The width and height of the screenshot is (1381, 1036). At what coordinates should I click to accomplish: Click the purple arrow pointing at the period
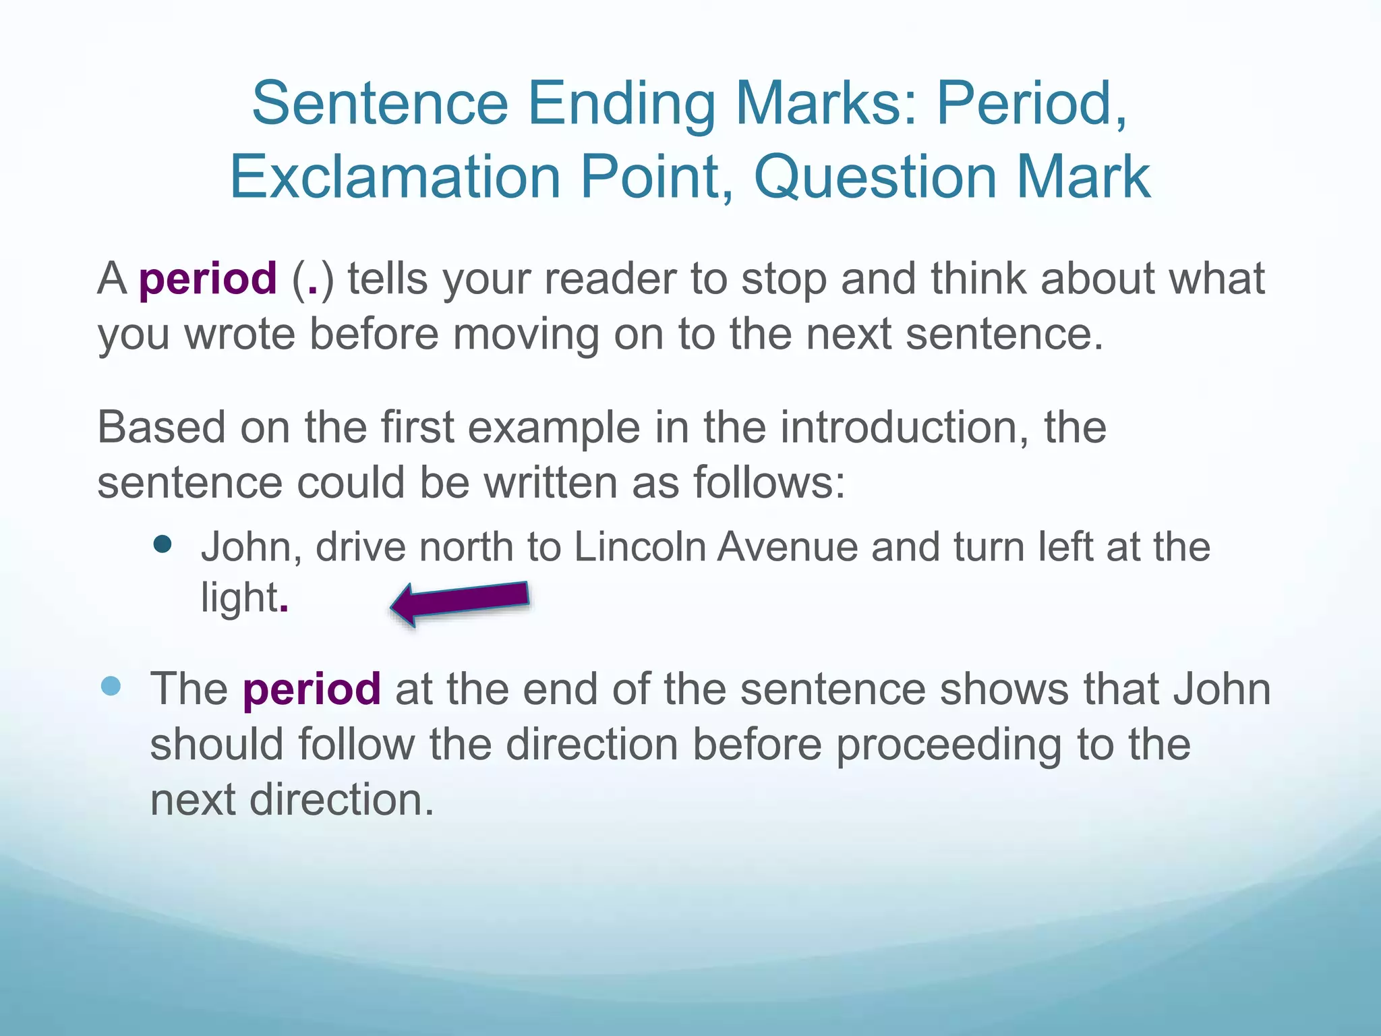461,602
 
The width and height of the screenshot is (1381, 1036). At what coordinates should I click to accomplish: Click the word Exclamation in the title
396,177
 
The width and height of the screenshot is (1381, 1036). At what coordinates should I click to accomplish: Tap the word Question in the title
875,177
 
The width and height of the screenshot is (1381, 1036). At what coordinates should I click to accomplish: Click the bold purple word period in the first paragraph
208,279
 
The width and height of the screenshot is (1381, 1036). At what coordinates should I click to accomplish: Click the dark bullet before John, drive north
163,544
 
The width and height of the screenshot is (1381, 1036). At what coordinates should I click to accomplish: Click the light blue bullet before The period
110,687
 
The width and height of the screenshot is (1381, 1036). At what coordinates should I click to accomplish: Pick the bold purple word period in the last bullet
312,689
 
